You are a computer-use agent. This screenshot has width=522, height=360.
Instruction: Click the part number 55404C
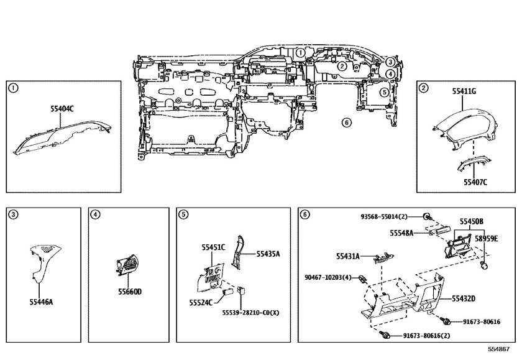point(62,109)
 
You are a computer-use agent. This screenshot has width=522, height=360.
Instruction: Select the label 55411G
point(464,91)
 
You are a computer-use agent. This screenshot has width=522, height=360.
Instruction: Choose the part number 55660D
point(129,291)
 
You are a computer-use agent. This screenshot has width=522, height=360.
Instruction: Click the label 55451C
point(213,247)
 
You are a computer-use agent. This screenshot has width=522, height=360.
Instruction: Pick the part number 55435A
point(267,254)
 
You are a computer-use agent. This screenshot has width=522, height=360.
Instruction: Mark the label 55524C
point(201,302)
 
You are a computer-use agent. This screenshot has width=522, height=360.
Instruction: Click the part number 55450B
point(472,221)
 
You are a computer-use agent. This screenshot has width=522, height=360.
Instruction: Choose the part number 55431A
point(349,256)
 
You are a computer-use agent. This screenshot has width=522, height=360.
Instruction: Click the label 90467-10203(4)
point(328,277)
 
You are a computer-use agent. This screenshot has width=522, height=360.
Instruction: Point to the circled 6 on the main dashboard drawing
point(346,122)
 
